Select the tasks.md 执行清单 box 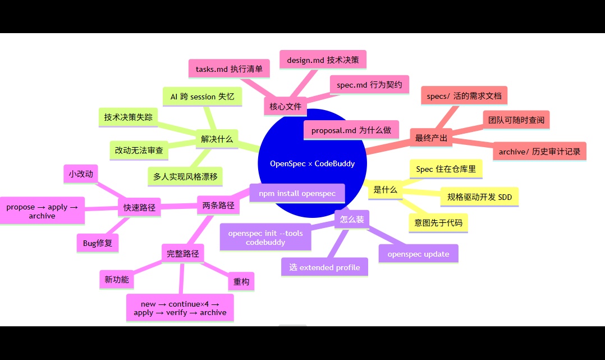(x=229, y=69)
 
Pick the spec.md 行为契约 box (x=369, y=85)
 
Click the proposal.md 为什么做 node (x=351, y=130)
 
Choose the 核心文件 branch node (x=285, y=106)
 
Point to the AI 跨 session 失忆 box (x=202, y=97)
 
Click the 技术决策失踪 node (x=128, y=117)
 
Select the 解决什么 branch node (x=217, y=139)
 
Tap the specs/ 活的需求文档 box (x=464, y=96)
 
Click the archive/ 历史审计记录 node (x=539, y=152)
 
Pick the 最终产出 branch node (x=431, y=138)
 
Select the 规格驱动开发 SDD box (x=479, y=197)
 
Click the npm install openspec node (x=297, y=194)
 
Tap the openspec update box (x=418, y=254)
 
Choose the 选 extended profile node (x=324, y=267)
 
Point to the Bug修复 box (x=97, y=243)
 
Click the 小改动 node (x=81, y=174)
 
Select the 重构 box (x=241, y=281)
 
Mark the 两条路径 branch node (x=218, y=206)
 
